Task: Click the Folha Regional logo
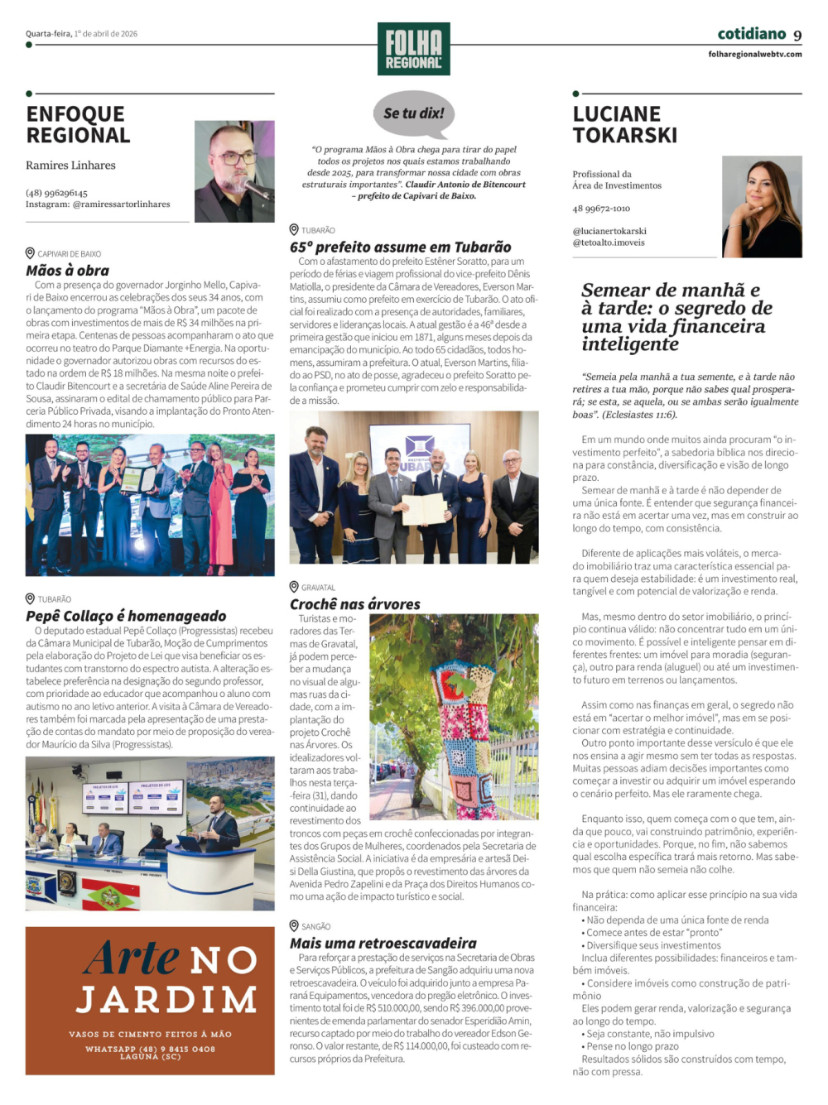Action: (413, 49)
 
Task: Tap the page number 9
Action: (797, 35)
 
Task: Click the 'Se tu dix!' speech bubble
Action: (414, 113)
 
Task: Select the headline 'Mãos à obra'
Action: (67, 270)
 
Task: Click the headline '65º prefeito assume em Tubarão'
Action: (400, 247)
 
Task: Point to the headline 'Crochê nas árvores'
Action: (354, 604)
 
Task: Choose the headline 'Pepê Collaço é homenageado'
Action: (126, 616)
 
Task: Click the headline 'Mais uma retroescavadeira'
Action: (383, 943)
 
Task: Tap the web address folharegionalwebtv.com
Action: (754, 55)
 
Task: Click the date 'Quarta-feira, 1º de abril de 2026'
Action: (81, 34)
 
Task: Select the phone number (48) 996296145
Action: (56, 193)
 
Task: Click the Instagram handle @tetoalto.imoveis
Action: (608, 243)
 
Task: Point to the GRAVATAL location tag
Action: (318, 588)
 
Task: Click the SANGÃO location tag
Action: (315, 926)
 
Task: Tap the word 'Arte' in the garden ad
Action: (132, 958)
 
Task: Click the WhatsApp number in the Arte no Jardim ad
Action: (150, 1049)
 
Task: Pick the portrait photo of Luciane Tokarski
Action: (762, 206)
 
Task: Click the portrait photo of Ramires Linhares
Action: (234, 171)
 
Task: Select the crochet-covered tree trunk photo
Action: (454, 717)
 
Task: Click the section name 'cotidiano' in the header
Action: (751, 34)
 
